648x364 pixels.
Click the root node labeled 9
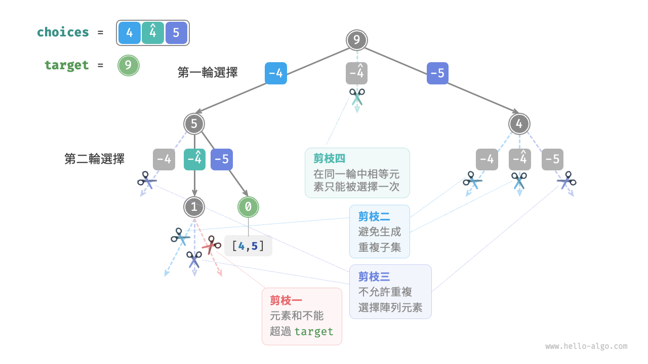[357, 40]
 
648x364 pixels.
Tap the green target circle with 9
[128, 65]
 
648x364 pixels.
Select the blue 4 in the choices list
[130, 33]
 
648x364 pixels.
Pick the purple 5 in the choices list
[176, 33]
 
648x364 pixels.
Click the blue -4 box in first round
[275, 73]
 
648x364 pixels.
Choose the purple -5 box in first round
[437, 73]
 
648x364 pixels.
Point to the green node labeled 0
[248, 206]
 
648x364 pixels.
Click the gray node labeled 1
[194, 206]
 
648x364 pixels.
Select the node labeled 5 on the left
[194, 123]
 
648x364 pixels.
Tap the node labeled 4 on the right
[519, 123]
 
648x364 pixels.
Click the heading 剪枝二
[374, 216]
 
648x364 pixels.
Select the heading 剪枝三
[374, 277]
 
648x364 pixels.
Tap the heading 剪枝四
[329, 159]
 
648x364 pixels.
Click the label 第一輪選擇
[208, 73]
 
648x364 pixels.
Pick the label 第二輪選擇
[95, 159]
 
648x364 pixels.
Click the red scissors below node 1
[211, 246]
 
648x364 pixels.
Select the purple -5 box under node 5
[221, 159]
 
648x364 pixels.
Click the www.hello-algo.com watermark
[586, 346]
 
